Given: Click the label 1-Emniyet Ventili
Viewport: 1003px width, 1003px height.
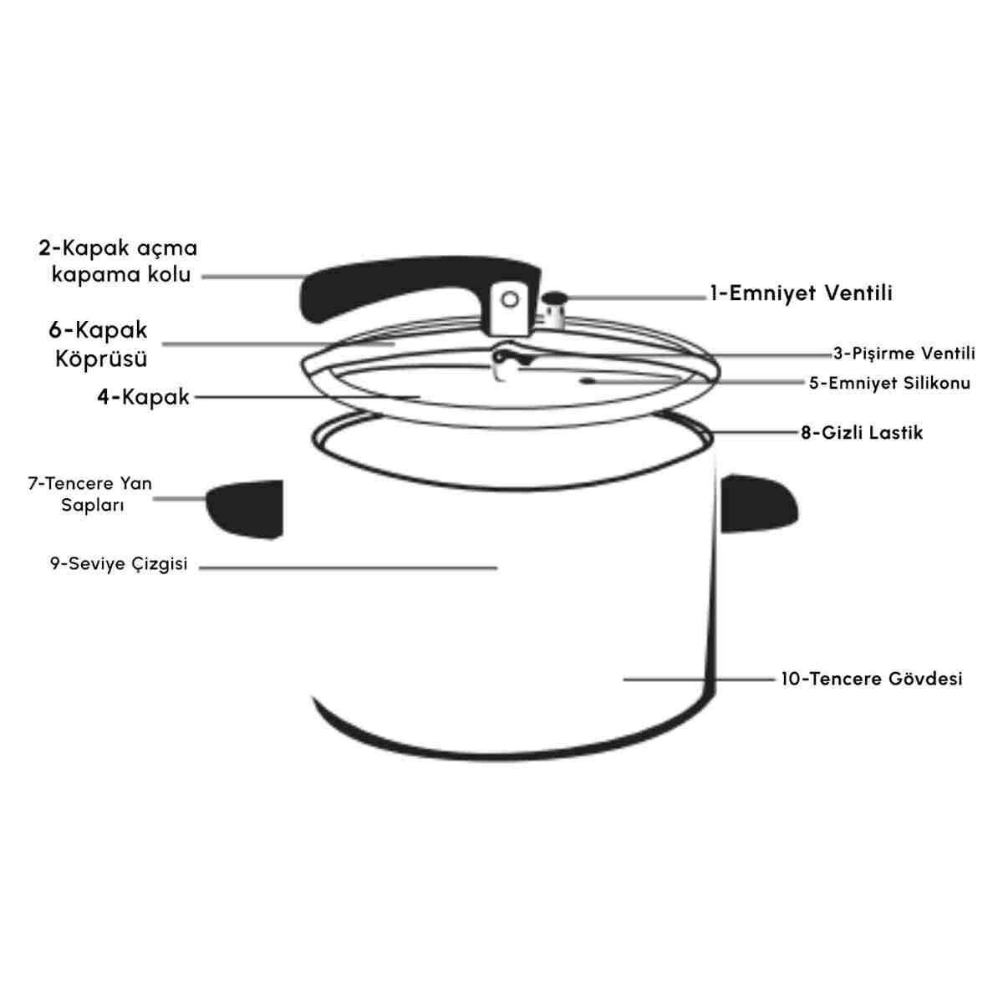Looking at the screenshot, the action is [x=802, y=293].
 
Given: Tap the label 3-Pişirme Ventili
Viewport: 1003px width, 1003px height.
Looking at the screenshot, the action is [x=904, y=354].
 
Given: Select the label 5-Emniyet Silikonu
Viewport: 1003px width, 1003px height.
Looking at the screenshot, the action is [x=889, y=384].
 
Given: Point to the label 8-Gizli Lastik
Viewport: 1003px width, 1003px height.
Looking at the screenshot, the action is [x=862, y=432].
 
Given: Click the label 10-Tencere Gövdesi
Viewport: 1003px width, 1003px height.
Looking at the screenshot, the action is [x=871, y=679].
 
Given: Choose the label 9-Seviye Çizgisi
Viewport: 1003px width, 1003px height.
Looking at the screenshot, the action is [x=119, y=564].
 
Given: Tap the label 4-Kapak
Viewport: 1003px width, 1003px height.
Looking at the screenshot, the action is [x=143, y=398].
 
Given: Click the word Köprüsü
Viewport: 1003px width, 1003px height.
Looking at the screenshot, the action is [x=101, y=359].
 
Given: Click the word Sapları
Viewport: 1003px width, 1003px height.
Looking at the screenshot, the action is [x=93, y=506].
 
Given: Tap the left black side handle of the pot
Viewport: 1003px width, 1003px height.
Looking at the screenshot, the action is [x=245, y=508].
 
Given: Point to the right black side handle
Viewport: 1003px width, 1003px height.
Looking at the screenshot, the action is [x=759, y=503].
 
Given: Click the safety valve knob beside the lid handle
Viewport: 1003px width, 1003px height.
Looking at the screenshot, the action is [x=554, y=310].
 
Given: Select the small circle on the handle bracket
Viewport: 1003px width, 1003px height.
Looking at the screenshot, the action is [x=510, y=300].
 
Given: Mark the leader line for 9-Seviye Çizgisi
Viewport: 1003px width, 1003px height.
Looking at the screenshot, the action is [x=348, y=568].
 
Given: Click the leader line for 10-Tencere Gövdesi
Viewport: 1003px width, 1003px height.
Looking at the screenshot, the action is [x=699, y=680].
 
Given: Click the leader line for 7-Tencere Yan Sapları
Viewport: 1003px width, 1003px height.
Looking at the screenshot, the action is [x=180, y=499].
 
